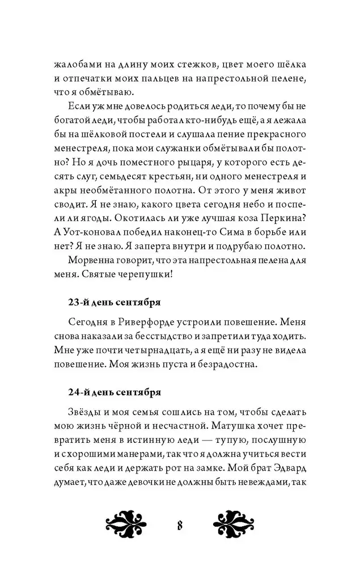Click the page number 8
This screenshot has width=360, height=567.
point(180,524)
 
